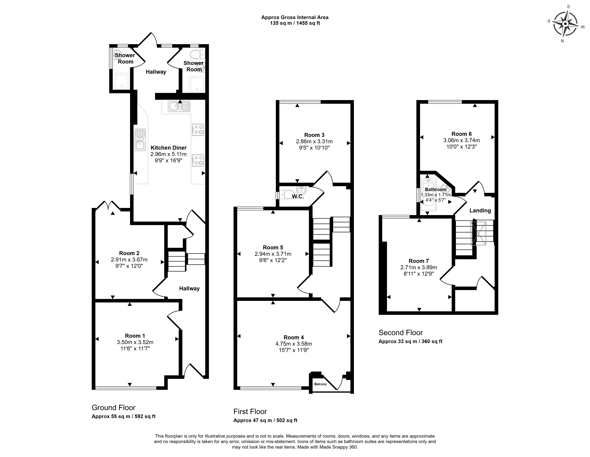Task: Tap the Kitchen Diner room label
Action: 169,148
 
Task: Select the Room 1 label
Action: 135,336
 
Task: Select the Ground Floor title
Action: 114,408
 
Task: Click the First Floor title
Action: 250,412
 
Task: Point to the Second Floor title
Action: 401,333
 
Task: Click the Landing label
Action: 480,210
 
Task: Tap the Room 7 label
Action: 419,261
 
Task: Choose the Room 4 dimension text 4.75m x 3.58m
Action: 294,344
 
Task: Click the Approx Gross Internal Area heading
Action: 295,17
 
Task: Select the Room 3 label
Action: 314,135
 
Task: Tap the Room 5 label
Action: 273,247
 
